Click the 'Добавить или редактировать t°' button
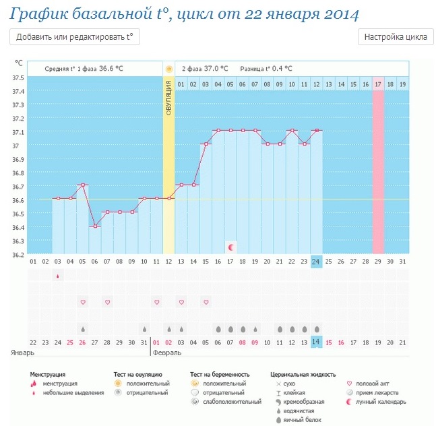(x=75, y=37)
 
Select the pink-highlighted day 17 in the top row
(x=378, y=84)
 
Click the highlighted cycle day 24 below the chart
(x=317, y=262)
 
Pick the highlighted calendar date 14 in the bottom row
(x=317, y=342)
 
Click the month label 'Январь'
(x=21, y=353)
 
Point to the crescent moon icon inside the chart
(x=231, y=247)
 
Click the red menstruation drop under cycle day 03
(x=57, y=276)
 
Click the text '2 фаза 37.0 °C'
(x=205, y=69)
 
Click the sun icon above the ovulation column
(x=168, y=69)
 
